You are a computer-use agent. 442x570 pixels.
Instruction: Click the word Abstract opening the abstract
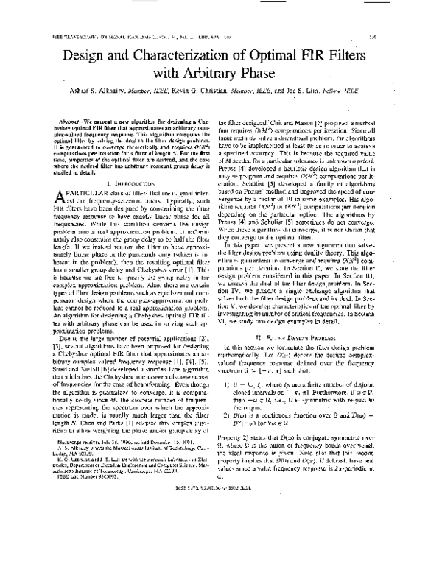(x=72, y=117)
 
